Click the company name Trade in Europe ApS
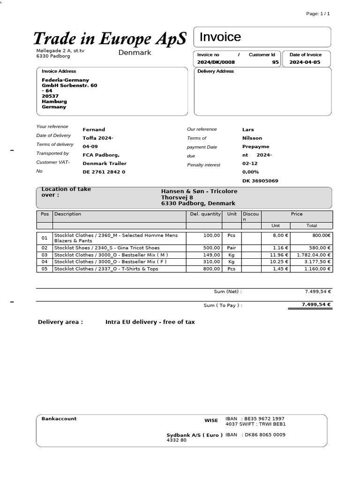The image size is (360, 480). [110, 38]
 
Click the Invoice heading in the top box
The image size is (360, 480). [220, 37]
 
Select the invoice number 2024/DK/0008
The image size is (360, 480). [216, 62]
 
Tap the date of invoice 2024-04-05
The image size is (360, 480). [305, 62]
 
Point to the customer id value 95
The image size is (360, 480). [275, 62]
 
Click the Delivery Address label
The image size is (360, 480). [216, 71]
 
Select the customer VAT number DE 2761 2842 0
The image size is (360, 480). [104, 172]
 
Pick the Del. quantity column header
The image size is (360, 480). [205, 214]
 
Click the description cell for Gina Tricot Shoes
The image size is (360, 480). [107, 248]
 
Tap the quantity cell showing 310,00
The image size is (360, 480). [211, 262]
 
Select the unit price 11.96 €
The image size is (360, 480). [280, 255]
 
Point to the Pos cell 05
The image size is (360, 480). [45, 269]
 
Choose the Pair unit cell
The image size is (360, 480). [232, 248]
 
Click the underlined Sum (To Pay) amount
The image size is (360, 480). [316, 305]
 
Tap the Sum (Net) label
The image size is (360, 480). [228, 292]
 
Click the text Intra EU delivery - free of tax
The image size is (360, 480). [150, 322]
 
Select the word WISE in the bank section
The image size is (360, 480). [211, 420]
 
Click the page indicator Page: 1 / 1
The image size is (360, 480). [318, 14]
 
